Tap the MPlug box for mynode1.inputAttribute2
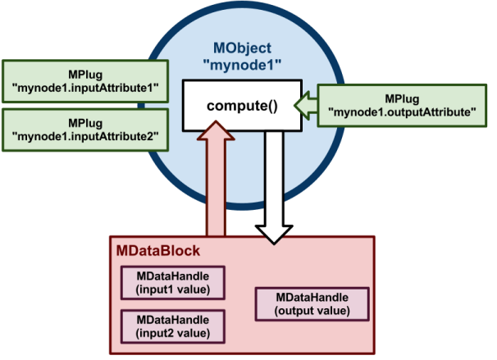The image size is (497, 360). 86,130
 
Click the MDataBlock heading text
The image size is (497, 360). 156,248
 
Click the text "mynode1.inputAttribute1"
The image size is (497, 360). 86,88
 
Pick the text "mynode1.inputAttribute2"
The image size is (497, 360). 86,136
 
